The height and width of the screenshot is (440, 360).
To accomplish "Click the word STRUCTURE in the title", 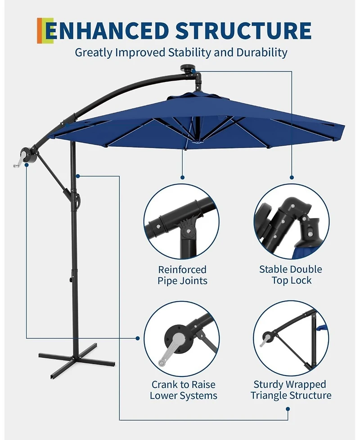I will [243, 31].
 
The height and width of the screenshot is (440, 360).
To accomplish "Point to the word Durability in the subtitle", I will [260, 52].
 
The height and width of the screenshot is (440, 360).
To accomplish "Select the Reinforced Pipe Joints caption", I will [182, 275].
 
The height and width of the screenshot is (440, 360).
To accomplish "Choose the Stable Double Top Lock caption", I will [291, 275].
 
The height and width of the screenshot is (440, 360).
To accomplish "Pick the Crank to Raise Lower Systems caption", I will [183, 390].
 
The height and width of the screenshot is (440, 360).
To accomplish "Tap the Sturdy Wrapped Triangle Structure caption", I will [291, 390].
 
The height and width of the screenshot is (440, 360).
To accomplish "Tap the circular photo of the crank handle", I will [182, 338].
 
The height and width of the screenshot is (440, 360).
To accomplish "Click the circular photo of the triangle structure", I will [291, 338].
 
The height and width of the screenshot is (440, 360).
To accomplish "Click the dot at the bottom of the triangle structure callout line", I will [288, 410].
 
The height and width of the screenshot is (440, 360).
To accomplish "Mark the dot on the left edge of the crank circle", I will [138, 338].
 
